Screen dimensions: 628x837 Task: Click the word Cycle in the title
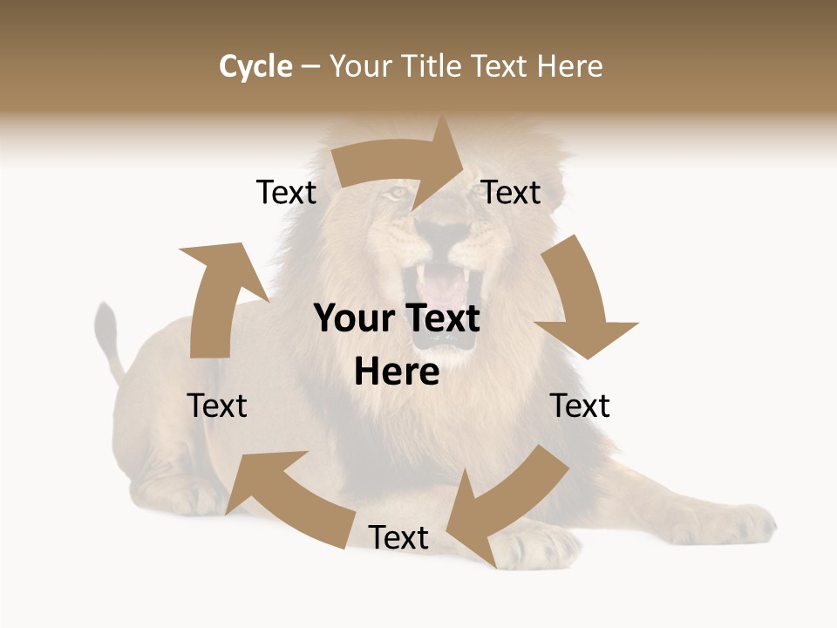coord(255,66)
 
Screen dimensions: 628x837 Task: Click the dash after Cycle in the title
coord(310,67)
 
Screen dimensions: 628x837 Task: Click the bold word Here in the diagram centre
coord(397,372)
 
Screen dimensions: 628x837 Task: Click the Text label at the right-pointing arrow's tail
coord(286,192)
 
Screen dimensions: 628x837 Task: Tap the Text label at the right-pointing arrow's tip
coord(512,192)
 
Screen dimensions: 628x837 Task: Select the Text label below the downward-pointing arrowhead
coord(580,406)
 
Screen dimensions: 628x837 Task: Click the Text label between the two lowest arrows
coord(398,537)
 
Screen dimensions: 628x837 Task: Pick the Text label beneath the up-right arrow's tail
coord(218,406)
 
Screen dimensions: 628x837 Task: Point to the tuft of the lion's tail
coord(106,327)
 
